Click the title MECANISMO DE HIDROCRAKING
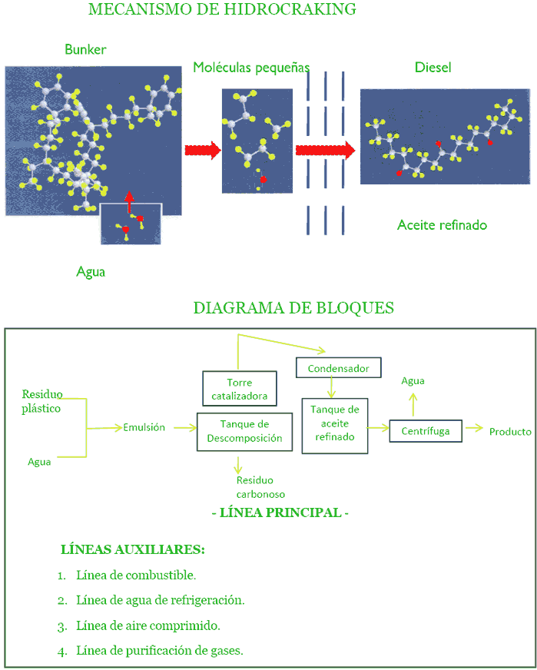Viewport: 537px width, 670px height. coord(222,10)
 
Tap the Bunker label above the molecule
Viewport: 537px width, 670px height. coord(85,50)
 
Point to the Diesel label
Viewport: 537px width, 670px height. coord(433,68)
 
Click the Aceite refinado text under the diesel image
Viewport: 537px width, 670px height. coord(442,225)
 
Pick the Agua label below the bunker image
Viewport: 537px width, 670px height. coord(91,271)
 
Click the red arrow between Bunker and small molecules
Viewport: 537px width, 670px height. coord(203,150)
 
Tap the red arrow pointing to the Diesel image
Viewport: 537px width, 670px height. coord(325,150)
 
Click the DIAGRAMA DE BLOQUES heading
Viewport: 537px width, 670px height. coord(293,308)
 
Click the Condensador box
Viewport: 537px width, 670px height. coord(338,369)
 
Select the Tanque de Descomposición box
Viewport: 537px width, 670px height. coord(244,431)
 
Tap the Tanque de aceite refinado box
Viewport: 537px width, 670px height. coord(334,423)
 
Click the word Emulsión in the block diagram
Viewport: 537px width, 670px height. coord(144,428)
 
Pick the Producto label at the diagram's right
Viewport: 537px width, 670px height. coord(510,432)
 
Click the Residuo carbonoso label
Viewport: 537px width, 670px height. coord(260,487)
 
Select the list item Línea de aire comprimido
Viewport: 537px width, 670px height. coord(148,625)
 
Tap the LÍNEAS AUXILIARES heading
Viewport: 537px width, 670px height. coord(132,550)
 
